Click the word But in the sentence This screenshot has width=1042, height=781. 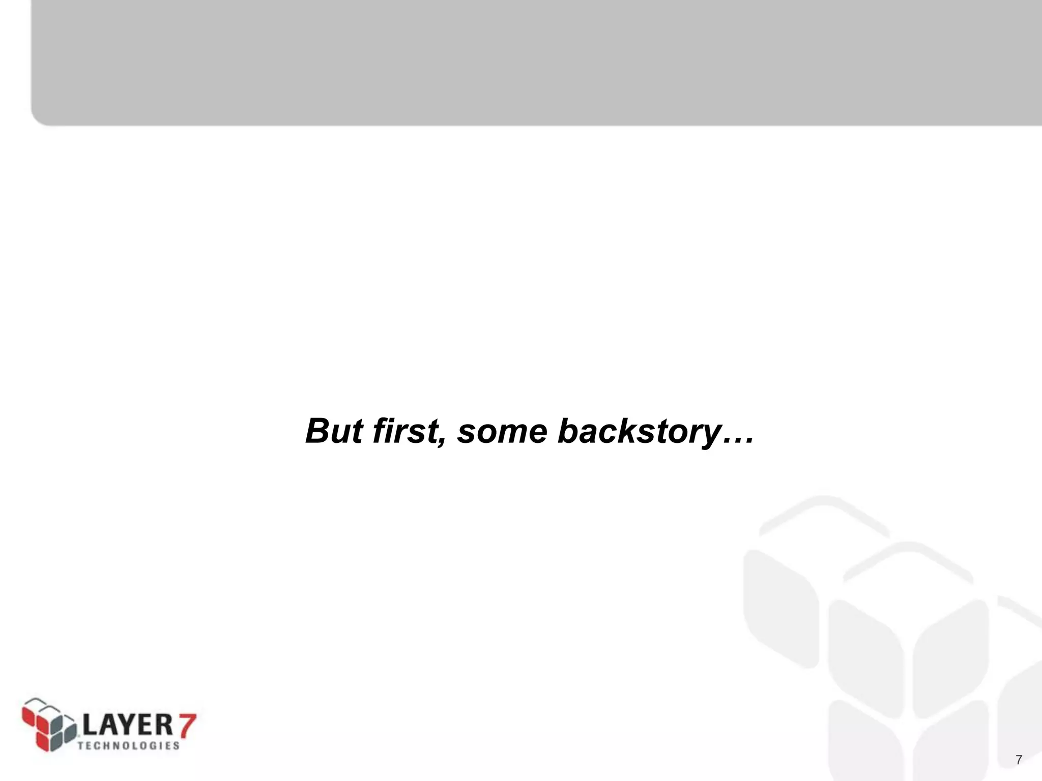[334, 431]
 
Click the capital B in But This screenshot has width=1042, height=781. [319, 431]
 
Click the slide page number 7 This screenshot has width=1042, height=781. [1019, 760]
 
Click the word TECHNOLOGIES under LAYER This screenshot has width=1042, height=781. [129, 746]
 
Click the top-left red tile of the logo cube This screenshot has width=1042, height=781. [30, 714]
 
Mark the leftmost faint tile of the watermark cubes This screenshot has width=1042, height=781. [779, 608]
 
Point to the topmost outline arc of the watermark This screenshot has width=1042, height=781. [824, 508]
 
